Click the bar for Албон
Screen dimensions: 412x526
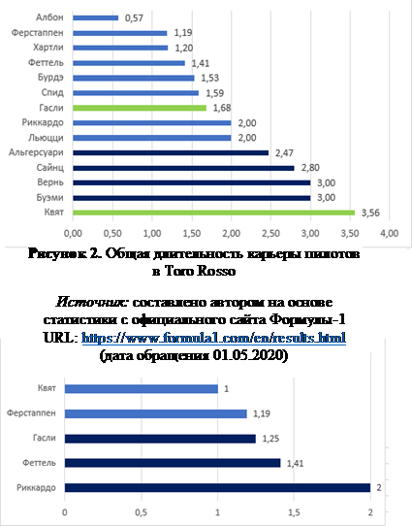95,17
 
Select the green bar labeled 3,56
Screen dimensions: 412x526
213,213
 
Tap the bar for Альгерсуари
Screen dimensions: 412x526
171,153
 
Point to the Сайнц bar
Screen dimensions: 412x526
183,168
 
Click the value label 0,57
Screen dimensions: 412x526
134,18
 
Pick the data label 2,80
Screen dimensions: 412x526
310,168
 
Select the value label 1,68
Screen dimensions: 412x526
222,108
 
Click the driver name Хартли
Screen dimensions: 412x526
48,48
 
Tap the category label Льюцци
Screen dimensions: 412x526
46,138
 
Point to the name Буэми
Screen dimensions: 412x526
49,198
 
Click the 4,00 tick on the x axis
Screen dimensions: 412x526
390,233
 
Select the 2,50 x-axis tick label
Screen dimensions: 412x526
270,233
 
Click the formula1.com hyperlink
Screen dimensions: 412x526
213,338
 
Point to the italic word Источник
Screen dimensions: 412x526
91,302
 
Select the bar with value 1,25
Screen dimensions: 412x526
160,439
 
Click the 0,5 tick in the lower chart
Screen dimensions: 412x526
141,512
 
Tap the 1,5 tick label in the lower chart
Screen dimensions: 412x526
294,512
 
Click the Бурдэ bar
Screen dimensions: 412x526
134,79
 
